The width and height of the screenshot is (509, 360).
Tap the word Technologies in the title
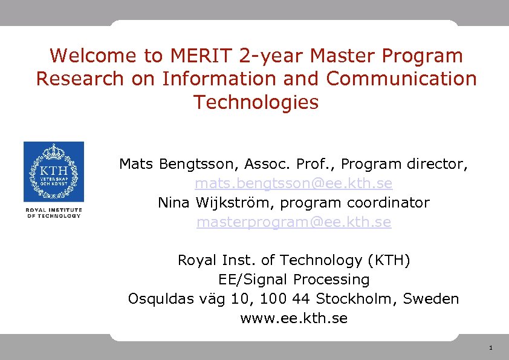tap(256, 102)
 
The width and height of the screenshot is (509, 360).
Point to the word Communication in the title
tap(401, 79)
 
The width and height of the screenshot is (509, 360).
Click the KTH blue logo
tap(54, 172)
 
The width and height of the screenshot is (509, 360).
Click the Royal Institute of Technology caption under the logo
tap(54, 213)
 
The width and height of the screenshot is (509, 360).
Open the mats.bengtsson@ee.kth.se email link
tap(293, 183)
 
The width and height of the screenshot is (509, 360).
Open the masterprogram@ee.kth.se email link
tap(294, 222)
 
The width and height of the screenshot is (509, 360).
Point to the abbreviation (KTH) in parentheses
tap(389, 260)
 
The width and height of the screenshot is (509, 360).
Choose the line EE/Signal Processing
tap(293, 280)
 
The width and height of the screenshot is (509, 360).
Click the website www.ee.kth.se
tap(294, 318)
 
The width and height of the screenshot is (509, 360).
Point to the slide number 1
tap(490, 348)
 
